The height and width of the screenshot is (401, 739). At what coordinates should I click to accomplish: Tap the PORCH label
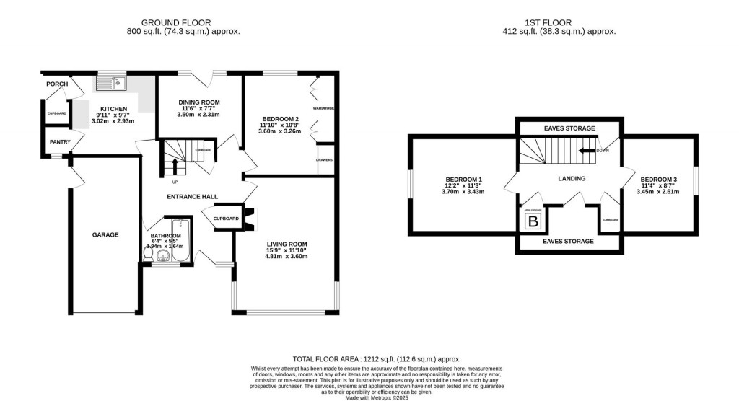tap(57, 84)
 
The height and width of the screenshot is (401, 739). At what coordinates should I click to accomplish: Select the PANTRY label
tap(60, 142)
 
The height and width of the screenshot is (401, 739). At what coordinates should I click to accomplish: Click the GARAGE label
tap(105, 234)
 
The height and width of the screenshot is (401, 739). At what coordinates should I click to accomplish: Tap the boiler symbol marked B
tap(533, 221)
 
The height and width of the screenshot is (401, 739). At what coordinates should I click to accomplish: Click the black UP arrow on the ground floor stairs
tap(174, 165)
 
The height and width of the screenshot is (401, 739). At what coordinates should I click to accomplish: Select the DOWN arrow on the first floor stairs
tap(588, 151)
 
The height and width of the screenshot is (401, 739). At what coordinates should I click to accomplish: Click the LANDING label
tap(571, 178)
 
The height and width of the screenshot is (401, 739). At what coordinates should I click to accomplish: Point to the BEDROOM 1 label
tap(464, 179)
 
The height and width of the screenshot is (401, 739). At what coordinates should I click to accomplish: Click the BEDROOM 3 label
tap(658, 179)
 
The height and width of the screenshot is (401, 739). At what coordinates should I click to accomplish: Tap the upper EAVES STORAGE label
tap(569, 128)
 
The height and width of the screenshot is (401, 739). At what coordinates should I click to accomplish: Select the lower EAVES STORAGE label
tap(569, 241)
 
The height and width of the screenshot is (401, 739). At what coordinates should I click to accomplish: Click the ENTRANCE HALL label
tap(193, 196)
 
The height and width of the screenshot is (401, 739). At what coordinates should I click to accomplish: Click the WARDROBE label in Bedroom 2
tap(324, 108)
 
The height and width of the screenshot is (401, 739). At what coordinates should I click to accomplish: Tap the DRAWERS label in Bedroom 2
tap(324, 159)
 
